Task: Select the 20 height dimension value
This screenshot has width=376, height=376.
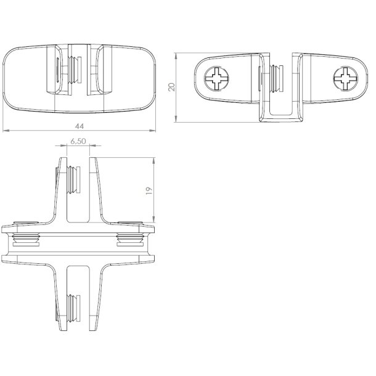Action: pos(173,86)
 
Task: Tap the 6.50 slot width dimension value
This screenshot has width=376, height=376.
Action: pos(78,141)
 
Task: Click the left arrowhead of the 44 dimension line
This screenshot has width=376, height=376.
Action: pos(5,131)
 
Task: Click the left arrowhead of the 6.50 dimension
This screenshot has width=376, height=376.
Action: pos(64,146)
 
